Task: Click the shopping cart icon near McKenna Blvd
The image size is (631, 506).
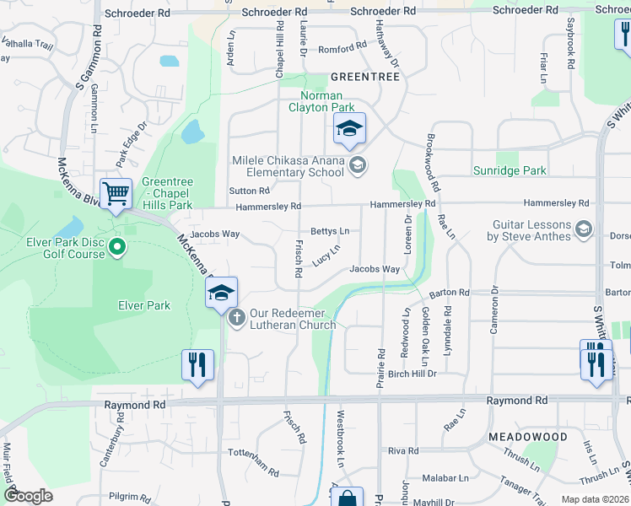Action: (x=116, y=192)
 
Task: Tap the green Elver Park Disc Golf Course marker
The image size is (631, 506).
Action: (x=117, y=248)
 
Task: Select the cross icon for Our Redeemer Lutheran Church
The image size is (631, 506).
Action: (x=237, y=318)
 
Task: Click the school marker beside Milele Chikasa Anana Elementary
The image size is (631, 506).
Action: (x=358, y=164)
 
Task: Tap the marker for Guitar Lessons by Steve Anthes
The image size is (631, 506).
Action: (x=583, y=229)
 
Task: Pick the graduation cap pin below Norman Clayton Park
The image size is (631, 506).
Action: (x=349, y=128)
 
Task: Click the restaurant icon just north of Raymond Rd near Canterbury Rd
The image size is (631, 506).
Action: (x=197, y=364)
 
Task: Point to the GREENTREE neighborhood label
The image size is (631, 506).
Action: (x=364, y=76)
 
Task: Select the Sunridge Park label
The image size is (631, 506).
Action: (x=509, y=170)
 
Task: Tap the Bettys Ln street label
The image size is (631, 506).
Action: (x=330, y=230)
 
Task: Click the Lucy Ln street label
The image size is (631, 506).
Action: (x=326, y=254)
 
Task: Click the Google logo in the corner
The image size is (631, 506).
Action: (x=28, y=496)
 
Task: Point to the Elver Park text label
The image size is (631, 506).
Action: (x=145, y=305)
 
